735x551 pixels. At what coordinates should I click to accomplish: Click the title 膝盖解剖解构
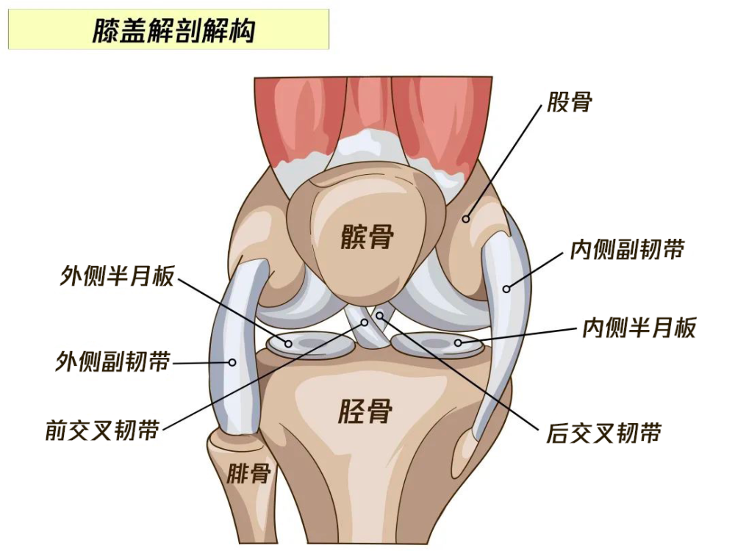coord(173,31)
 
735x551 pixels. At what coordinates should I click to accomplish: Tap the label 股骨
coord(569,101)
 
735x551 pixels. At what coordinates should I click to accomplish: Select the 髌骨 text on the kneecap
coord(367,236)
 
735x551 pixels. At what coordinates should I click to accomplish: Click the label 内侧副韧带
coord(627,249)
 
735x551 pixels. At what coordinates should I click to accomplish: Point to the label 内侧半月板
coord(639,327)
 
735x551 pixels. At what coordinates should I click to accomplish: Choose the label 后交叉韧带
coord(603,433)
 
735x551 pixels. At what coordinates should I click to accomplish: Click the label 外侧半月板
coord(117,275)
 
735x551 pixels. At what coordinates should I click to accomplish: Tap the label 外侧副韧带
coord(112,361)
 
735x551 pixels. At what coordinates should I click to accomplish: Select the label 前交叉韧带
coord(102,430)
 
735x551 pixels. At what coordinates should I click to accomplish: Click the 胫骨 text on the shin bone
coord(365,411)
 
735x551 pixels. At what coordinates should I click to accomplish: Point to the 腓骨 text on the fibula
coord(249,473)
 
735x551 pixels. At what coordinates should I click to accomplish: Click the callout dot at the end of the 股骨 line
coord(465,219)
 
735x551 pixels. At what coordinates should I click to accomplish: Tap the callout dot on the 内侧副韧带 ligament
coord(506,289)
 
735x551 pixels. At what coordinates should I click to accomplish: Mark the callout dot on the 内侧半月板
coord(458,343)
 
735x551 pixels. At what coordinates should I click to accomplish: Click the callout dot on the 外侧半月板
coord(288,344)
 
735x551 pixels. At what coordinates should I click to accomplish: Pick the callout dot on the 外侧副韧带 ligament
coord(232,362)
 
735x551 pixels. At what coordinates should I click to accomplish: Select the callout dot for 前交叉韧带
coord(365,323)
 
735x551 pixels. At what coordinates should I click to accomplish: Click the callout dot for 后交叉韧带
coord(380,316)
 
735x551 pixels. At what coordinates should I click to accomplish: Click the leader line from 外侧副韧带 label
coord(201,363)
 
